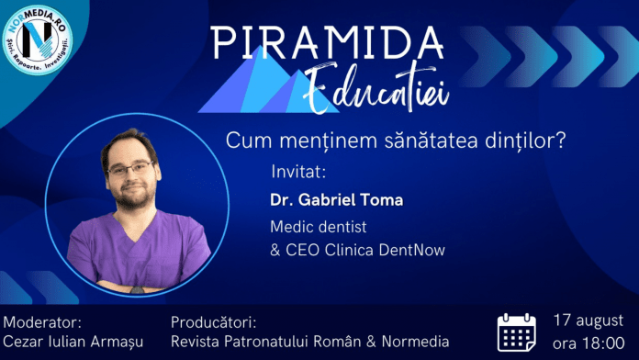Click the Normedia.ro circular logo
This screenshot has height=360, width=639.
(37, 39)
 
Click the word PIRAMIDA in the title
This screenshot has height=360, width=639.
(327, 43)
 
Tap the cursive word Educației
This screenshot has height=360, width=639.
(376, 88)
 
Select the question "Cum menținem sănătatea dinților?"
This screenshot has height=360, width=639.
(396, 141)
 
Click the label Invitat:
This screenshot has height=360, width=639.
(298, 172)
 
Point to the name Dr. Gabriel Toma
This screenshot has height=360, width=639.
(337, 200)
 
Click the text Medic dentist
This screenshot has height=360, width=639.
(319, 227)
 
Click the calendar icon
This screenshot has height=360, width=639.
(516, 332)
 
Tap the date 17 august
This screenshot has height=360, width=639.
(589, 321)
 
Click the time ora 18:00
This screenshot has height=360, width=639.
(589, 343)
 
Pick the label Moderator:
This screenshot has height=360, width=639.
(42, 322)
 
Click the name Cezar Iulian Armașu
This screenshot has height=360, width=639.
(73, 342)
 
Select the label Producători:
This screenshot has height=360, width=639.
(214, 322)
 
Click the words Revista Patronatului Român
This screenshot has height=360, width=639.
(266, 342)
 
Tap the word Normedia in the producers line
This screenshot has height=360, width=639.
(415, 342)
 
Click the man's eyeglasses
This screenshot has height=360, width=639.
(130, 168)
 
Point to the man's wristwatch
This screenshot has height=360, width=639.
(138, 290)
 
